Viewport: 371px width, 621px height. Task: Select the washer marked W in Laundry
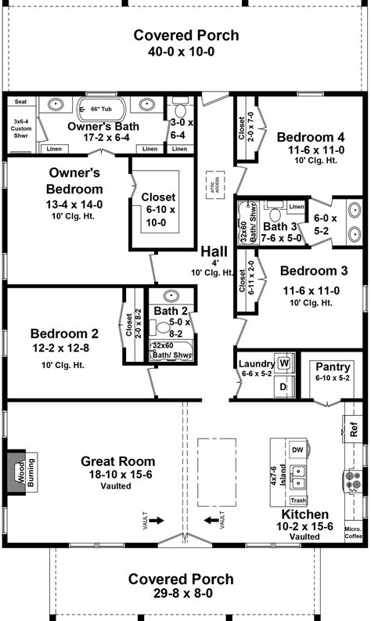[283, 364]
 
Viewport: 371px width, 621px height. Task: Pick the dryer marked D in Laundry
[283, 386]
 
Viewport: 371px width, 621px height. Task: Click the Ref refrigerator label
[354, 430]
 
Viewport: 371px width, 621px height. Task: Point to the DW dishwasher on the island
[297, 450]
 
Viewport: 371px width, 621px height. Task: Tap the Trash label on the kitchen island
[297, 500]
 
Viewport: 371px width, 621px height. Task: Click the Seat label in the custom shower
[21, 102]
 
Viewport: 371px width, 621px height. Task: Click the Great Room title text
[117, 461]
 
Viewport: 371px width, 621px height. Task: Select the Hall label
[214, 251]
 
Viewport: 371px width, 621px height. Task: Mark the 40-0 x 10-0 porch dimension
[185, 52]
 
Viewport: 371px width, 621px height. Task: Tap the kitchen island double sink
[298, 475]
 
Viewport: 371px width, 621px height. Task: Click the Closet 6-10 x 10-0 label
[158, 210]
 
